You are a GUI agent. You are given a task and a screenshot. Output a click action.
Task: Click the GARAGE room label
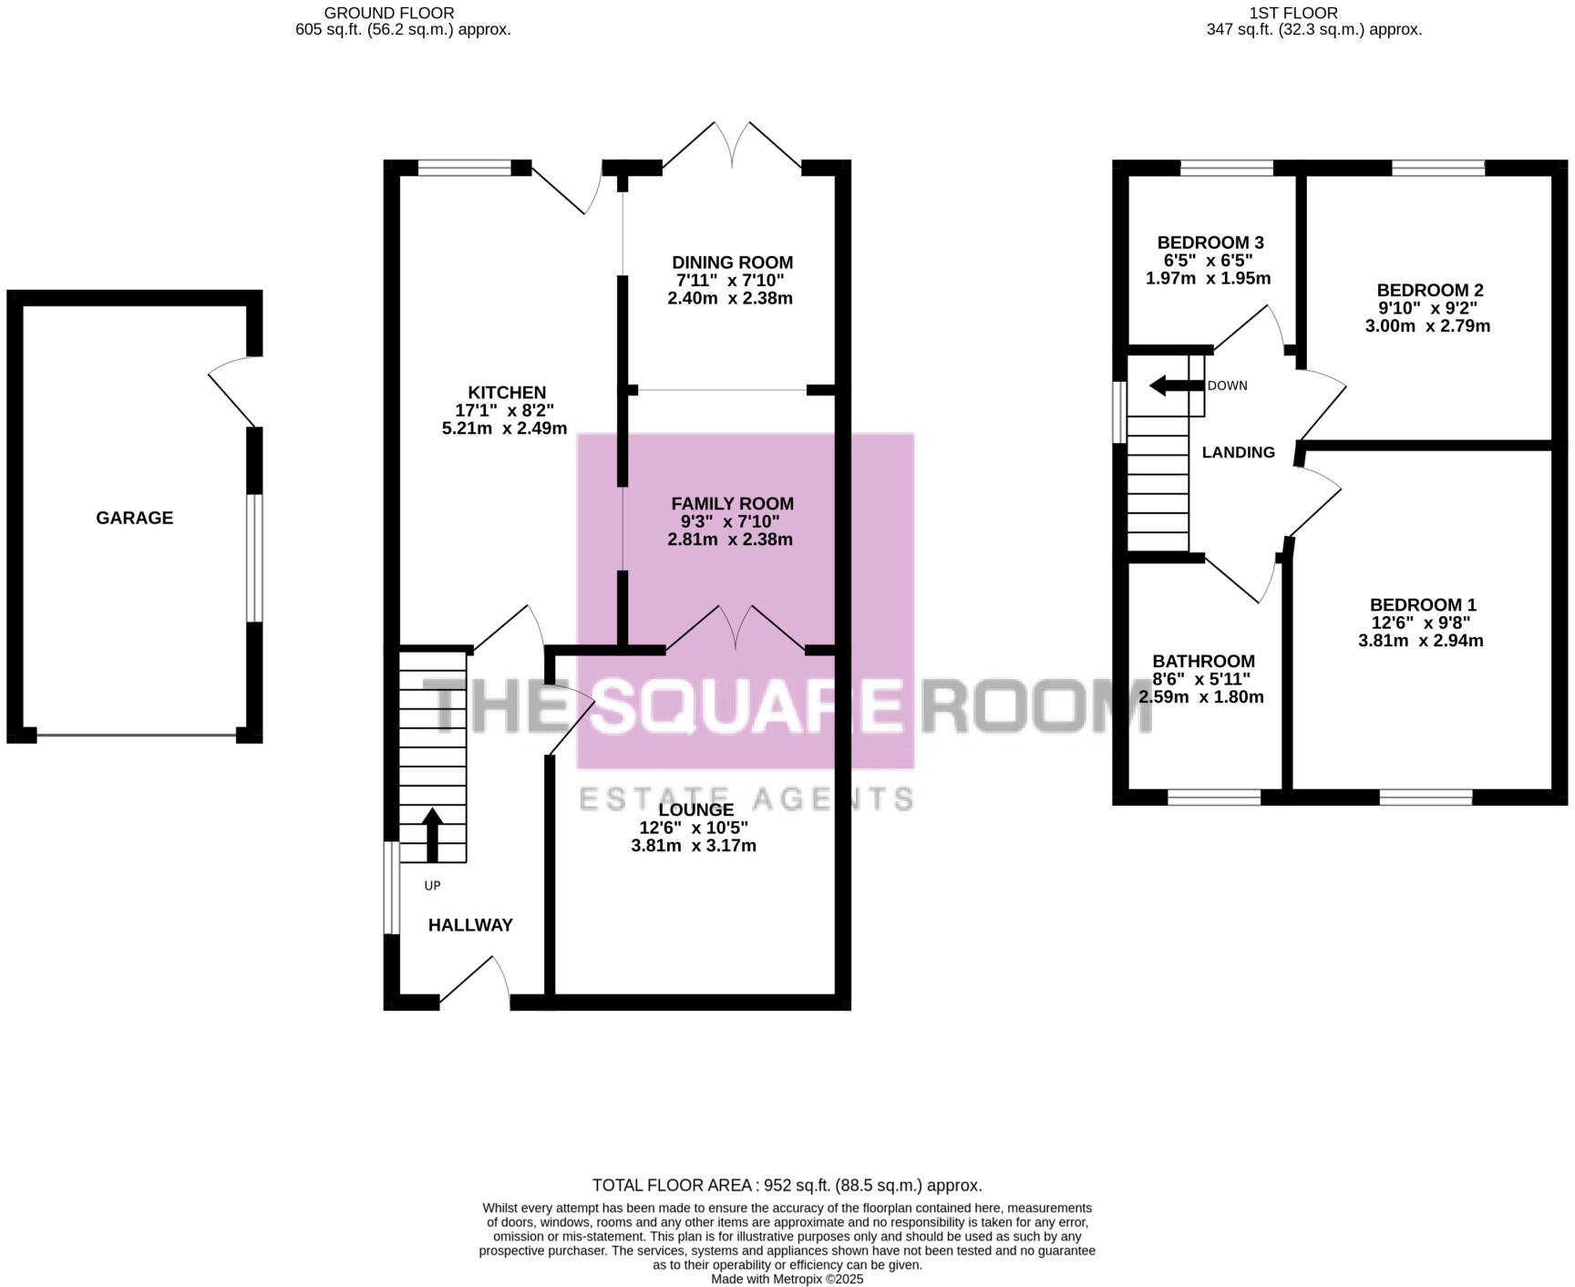[134, 518]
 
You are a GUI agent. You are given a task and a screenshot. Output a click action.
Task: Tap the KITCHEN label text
[507, 393]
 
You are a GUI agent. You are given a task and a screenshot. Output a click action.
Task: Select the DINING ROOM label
[732, 263]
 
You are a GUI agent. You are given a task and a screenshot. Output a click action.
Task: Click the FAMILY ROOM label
[732, 503]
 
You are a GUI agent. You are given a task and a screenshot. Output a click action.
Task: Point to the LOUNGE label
[695, 809]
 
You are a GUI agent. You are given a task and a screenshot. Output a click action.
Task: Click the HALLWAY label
[470, 925]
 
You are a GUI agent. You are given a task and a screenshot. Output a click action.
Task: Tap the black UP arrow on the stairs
[432, 833]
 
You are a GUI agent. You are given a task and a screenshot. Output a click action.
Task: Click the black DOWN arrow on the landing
[1176, 386]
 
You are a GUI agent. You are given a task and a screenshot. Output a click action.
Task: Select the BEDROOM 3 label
[1210, 242]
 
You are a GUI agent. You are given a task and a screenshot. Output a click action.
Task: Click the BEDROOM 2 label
[1429, 291]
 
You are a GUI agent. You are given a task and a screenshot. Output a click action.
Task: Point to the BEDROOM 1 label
[1422, 605]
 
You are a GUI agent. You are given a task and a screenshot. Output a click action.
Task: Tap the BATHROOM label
[1203, 662]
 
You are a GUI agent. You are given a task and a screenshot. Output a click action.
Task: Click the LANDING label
[1238, 452]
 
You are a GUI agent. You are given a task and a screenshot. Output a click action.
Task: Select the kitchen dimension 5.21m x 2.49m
[504, 428]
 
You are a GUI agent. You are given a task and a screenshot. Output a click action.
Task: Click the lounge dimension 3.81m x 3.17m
[693, 846]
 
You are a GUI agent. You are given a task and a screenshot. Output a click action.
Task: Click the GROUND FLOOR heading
[389, 13]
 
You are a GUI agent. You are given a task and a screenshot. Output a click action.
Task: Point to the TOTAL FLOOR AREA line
[787, 1185]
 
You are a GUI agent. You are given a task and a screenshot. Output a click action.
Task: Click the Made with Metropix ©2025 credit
[787, 1279]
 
